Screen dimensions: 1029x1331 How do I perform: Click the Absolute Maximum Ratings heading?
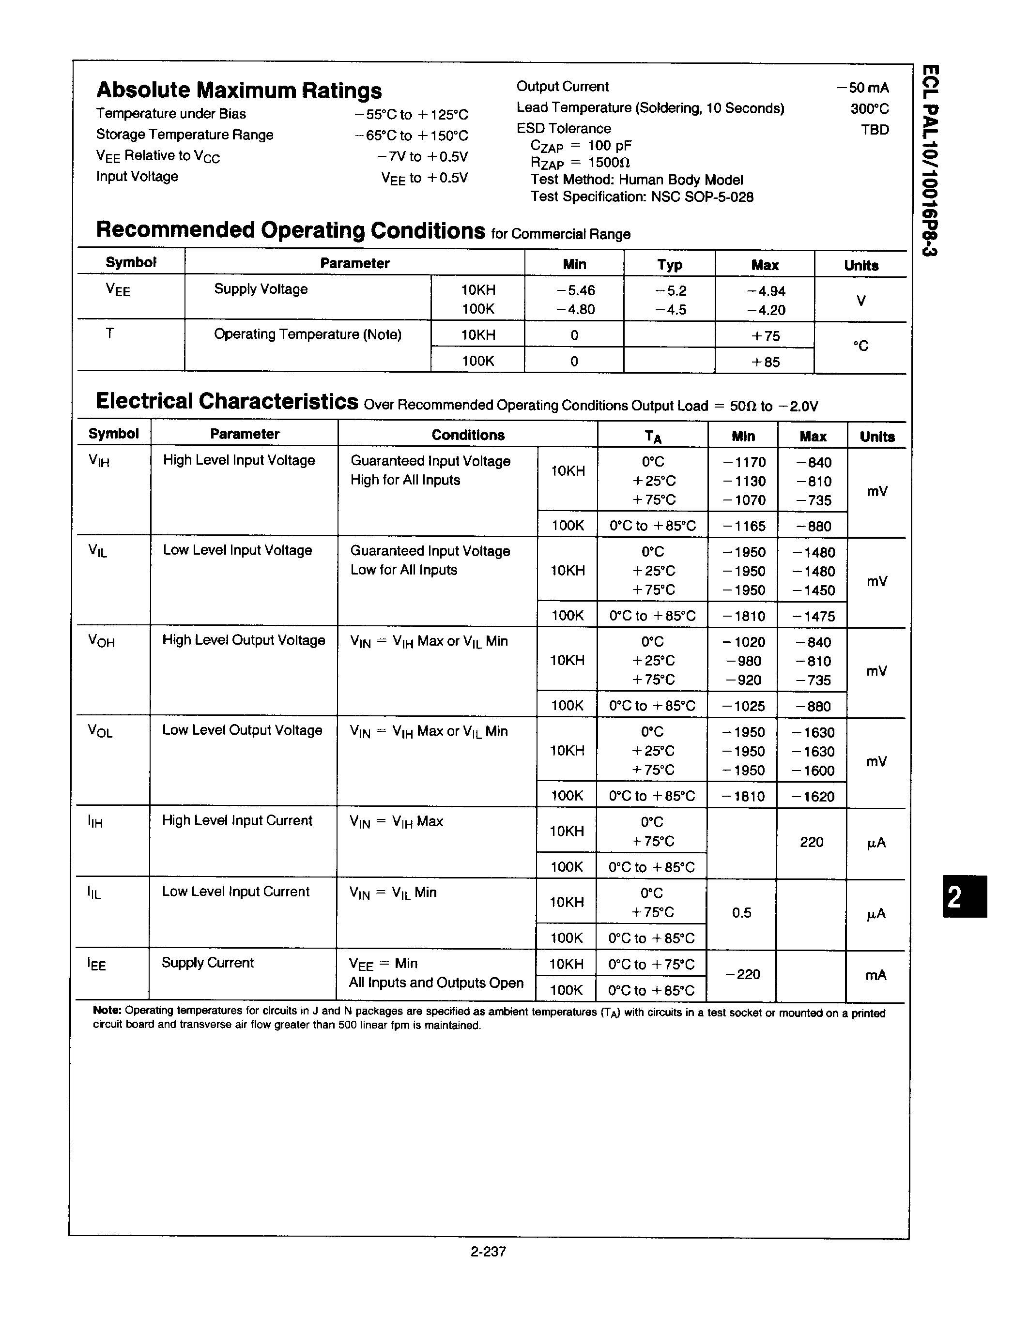(x=239, y=90)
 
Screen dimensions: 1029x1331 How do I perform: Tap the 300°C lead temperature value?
(x=870, y=109)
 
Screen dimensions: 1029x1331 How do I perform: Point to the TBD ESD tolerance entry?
(x=875, y=130)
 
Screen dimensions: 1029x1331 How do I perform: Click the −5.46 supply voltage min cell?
(x=575, y=291)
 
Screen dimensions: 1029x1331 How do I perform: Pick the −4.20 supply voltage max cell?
(x=766, y=310)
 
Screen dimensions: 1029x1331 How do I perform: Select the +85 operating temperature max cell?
(x=766, y=362)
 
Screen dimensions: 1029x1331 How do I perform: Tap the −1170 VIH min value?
(x=744, y=463)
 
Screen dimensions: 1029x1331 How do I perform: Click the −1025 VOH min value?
(x=743, y=706)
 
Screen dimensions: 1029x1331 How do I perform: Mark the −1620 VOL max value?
(x=813, y=797)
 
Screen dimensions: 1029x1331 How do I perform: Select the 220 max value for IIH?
(x=812, y=842)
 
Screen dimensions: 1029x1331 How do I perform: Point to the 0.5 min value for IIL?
(x=742, y=913)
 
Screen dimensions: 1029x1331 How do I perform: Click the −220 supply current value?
(x=742, y=974)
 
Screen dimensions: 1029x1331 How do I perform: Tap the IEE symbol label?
(x=97, y=965)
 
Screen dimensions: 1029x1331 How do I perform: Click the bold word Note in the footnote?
(x=108, y=1011)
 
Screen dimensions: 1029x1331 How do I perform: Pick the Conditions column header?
(x=468, y=435)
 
